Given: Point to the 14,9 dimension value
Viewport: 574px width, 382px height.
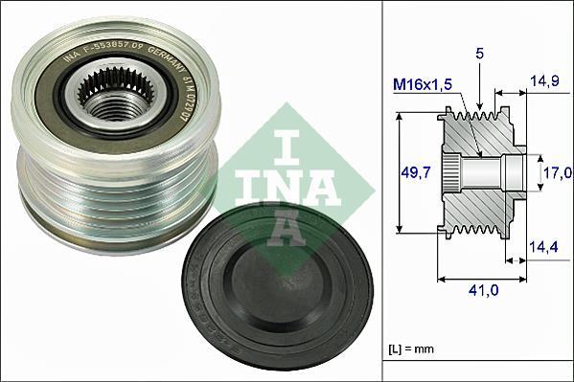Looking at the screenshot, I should click(547, 81).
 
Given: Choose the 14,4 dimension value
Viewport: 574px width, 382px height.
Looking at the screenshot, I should click(543, 247).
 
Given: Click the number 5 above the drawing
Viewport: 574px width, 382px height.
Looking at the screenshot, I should click(480, 55).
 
